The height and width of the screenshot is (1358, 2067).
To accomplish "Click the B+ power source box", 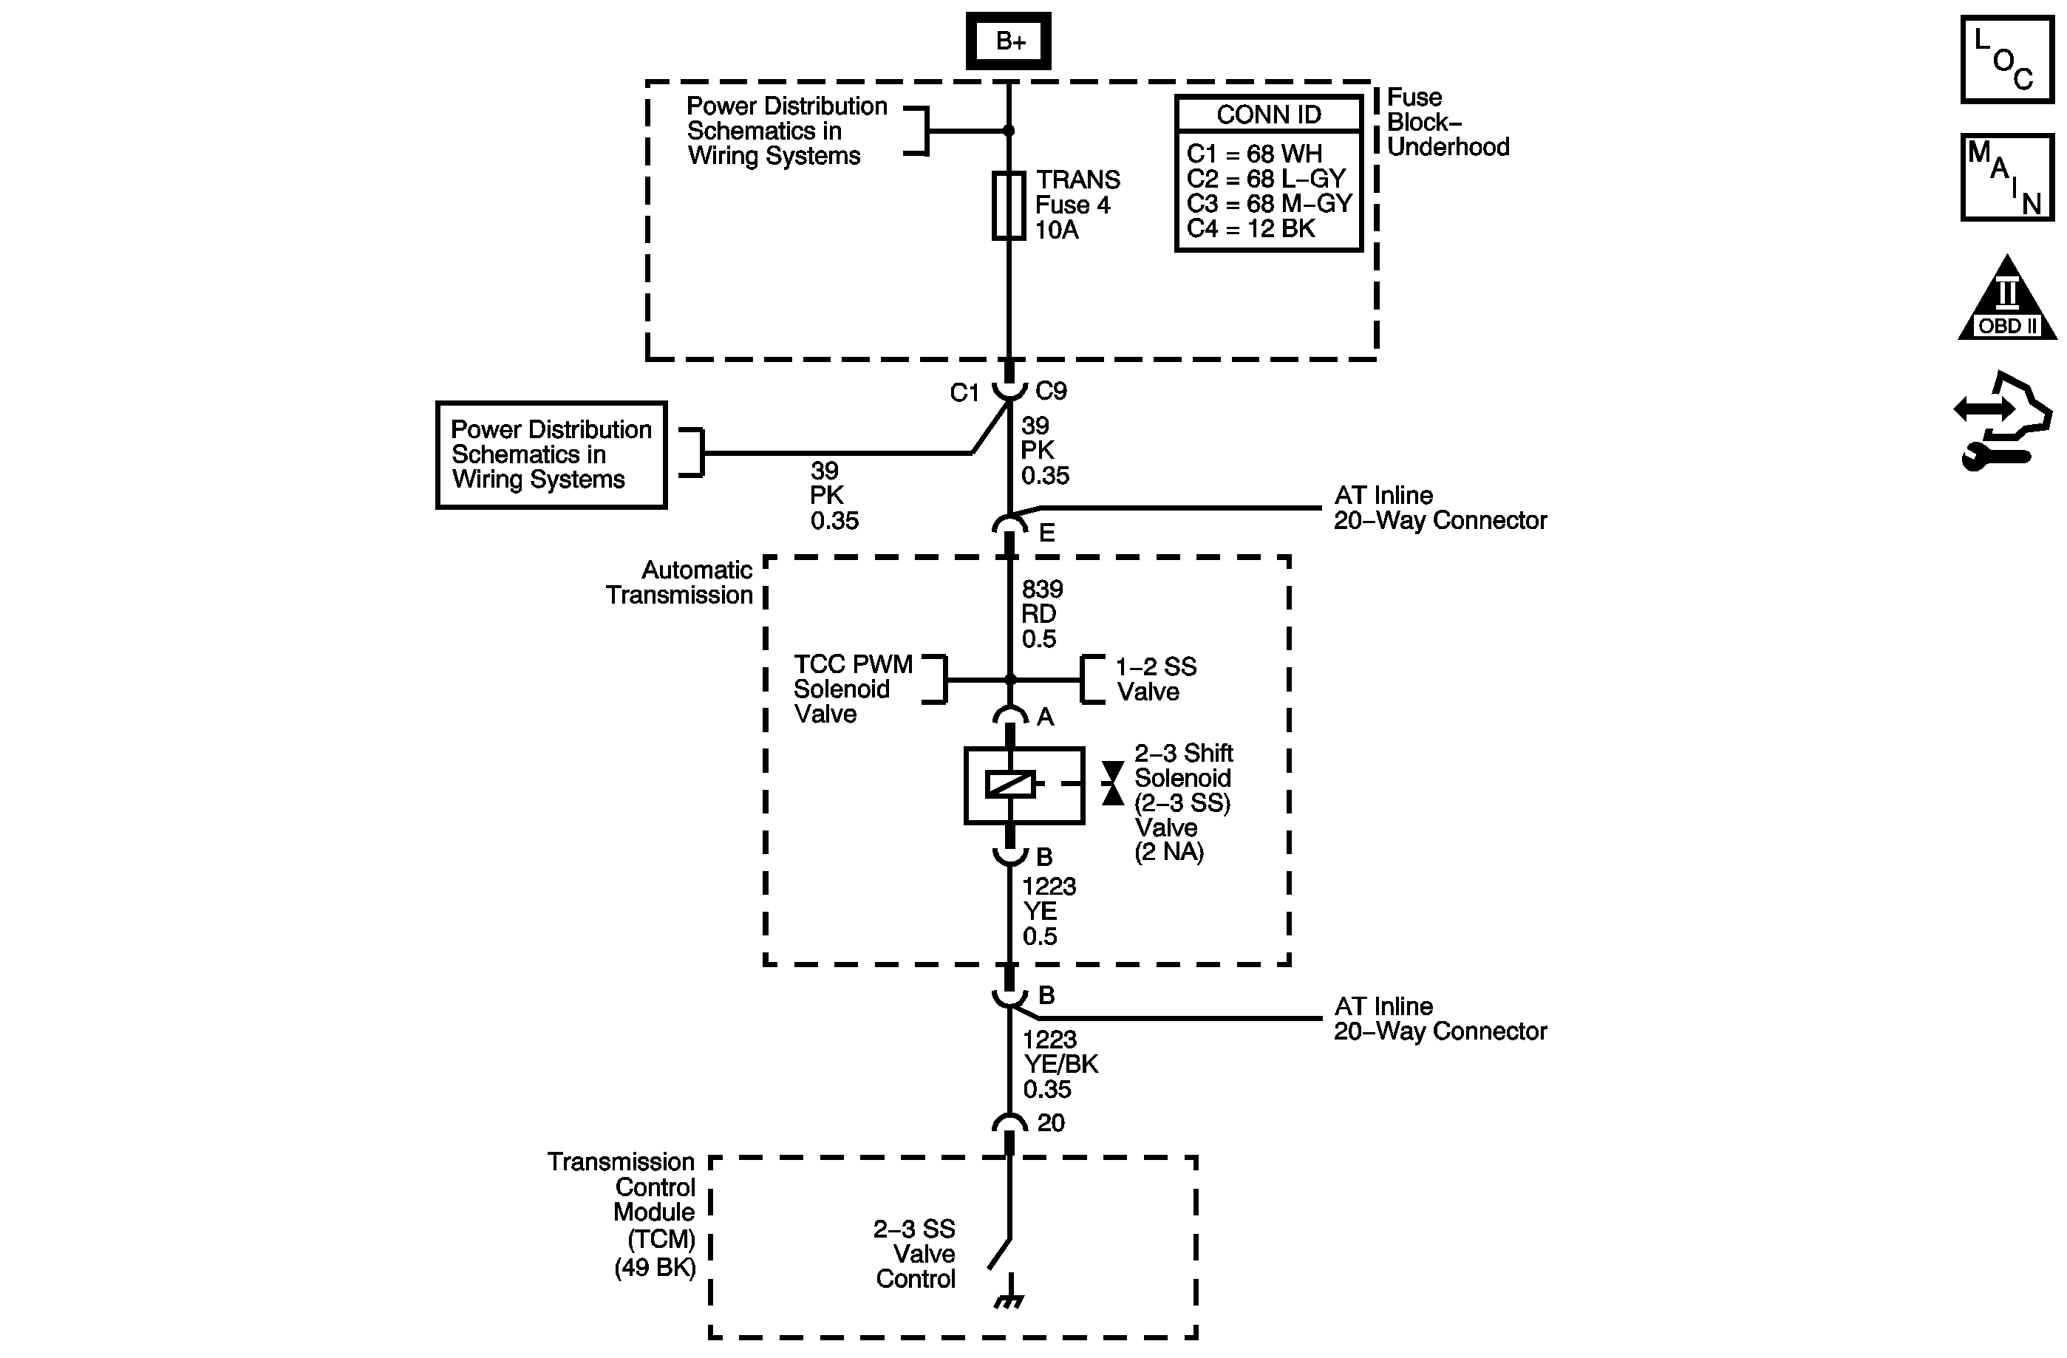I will (1008, 41).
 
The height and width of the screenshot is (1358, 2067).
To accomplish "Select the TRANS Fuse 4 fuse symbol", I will (1008, 205).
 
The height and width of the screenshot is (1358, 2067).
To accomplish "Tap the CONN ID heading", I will (1268, 115).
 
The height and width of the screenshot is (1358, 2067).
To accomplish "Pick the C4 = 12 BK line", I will (1250, 228).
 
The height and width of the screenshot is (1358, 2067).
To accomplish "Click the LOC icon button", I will (2007, 60).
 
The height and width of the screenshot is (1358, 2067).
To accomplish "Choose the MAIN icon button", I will (2007, 177).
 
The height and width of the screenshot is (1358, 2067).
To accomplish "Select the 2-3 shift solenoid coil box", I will (1024, 785).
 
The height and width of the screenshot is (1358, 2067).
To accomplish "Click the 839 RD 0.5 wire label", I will (1041, 614).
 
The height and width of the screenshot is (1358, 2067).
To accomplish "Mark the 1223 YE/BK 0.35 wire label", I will (1060, 1064).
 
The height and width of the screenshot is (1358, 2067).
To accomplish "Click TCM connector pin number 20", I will (1050, 1123).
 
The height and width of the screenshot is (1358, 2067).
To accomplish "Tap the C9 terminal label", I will (1051, 392).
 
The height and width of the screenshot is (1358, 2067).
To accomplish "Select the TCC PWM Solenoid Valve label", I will (852, 689).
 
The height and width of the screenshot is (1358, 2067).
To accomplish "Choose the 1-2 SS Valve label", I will (1155, 679).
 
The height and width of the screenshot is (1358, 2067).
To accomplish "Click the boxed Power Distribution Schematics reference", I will (551, 454).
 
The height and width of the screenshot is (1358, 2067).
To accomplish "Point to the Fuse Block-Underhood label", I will (1447, 123).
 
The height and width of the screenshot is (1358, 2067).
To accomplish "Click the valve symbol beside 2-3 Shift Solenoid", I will (1112, 783).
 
